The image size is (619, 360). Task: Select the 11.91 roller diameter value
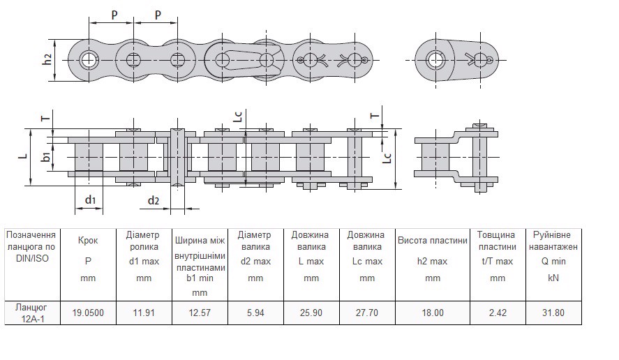pyautogui.click(x=143, y=313)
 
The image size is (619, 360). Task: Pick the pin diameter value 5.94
pyautogui.click(x=255, y=313)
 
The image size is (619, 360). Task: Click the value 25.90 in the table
pyautogui.click(x=311, y=313)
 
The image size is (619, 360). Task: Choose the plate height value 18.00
pyautogui.click(x=433, y=313)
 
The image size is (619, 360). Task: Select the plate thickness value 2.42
pyautogui.click(x=497, y=313)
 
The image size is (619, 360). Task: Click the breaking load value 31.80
pyautogui.click(x=555, y=313)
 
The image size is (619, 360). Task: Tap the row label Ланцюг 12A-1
pyautogui.click(x=30, y=313)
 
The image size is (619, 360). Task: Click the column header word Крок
pyautogui.click(x=87, y=241)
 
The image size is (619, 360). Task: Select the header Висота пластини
pyautogui.click(x=433, y=241)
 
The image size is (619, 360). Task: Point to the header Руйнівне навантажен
pyautogui.click(x=555, y=241)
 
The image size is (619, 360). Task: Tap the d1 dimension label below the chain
pyautogui.click(x=90, y=201)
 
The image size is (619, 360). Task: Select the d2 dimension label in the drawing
pyautogui.click(x=154, y=201)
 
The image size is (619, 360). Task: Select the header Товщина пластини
pyautogui.click(x=497, y=241)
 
